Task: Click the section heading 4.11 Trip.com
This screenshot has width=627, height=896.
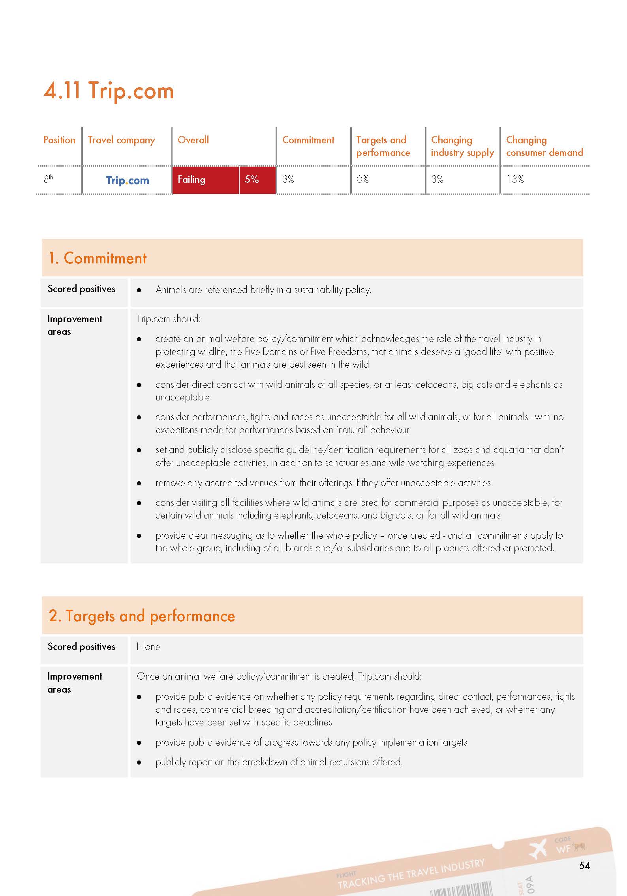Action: (x=109, y=91)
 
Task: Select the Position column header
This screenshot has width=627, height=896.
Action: (x=59, y=140)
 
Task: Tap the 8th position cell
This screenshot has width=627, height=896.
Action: (x=48, y=179)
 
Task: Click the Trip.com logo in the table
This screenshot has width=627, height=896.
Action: (x=127, y=180)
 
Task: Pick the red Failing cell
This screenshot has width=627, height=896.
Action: (x=205, y=180)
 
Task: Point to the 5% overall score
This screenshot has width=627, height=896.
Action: (x=252, y=180)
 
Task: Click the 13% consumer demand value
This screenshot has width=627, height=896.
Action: (x=515, y=180)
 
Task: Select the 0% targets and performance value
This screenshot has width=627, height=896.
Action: (x=362, y=180)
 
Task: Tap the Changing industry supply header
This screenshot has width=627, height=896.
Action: (x=462, y=146)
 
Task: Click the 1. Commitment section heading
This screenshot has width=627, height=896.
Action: (x=97, y=258)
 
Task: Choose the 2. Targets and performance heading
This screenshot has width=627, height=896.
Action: (x=142, y=616)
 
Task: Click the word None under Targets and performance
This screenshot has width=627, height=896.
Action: (x=148, y=647)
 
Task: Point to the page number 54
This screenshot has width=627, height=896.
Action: (x=584, y=866)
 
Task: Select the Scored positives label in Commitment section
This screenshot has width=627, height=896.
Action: (x=81, y=289)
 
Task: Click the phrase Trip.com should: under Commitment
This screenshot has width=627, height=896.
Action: (x=169, y=319)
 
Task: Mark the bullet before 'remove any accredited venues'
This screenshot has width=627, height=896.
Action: (x=139, y=483)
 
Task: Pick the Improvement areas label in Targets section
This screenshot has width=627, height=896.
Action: (x=75, y=683)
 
